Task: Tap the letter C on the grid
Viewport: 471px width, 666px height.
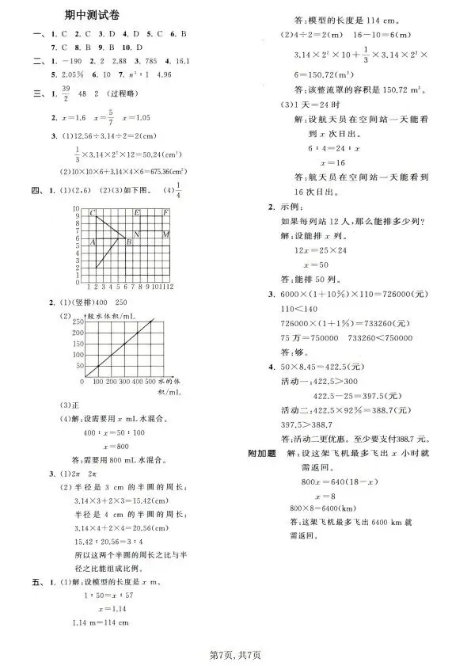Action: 93,214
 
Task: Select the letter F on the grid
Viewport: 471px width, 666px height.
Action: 165,213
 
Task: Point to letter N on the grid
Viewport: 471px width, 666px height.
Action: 137,234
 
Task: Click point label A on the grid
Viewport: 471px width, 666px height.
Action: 93,242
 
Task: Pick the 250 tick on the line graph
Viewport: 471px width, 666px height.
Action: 77,323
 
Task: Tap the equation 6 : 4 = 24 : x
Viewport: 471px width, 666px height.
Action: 323,148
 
